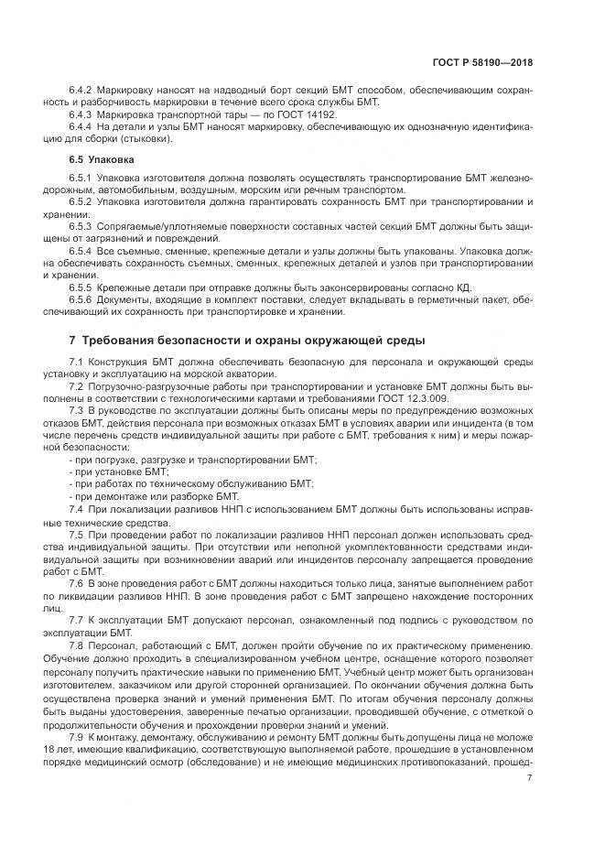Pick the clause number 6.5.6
point(82,299)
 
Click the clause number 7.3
point(77,411)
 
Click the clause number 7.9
point(77,737)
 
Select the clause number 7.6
point(77,581)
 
